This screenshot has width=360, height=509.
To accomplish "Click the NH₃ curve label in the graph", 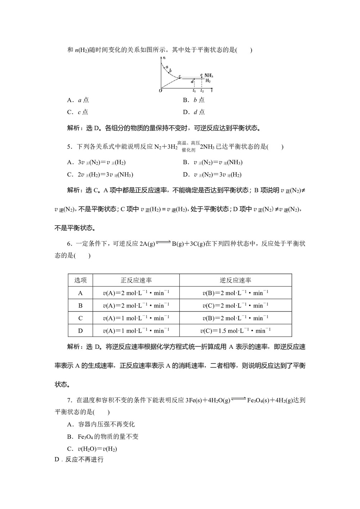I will coord(209,76).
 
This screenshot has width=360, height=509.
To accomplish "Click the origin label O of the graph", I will coord(160,91).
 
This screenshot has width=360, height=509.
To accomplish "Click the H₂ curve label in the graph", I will coord(208,81).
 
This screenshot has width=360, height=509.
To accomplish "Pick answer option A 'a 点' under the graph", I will coord(78,100).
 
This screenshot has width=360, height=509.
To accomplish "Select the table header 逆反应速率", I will coord(235,280).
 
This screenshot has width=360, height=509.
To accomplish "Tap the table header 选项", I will coord(80,280).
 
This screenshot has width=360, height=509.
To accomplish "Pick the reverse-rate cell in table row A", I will coord(235,293).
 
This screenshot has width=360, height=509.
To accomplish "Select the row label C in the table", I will coord(80,318).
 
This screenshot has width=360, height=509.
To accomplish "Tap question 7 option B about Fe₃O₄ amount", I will coord(103,437).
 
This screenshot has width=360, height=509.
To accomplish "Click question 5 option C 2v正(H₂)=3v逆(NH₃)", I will coord(100,175).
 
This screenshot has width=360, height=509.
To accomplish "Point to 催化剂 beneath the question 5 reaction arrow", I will coord(188,150).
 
